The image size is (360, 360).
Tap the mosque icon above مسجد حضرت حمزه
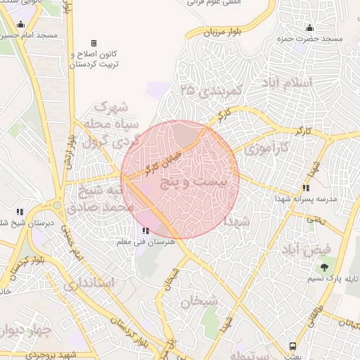point(309,28)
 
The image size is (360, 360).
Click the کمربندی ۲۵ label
point(211,91)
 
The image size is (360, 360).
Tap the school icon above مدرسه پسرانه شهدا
point(305,188)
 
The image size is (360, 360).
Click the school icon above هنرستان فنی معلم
point(146,231)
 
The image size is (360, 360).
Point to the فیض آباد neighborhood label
point(309,250)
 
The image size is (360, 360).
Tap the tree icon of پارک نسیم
point(324,267)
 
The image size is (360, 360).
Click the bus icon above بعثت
point(292,347)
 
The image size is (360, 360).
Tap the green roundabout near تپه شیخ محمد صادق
point(56,205)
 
